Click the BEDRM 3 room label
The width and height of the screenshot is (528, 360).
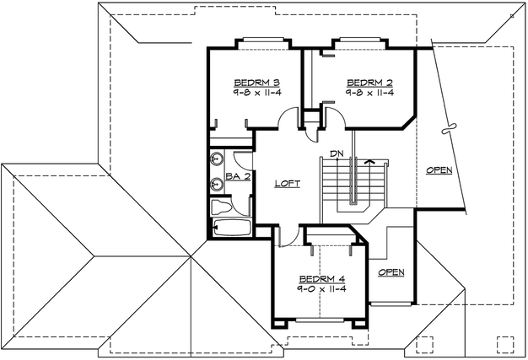click(256, 83)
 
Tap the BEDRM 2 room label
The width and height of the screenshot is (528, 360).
click(371, 83)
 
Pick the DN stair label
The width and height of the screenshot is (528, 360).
click(337, 154)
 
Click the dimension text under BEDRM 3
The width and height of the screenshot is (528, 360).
click(256, 94)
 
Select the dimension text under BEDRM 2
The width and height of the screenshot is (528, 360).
click(371, 94)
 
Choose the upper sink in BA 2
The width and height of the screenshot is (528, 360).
click(218, 159)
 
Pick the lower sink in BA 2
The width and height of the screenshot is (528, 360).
click(218, 185)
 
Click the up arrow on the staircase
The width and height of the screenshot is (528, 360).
click(368, 159)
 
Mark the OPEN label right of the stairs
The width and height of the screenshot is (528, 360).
click(439, 169)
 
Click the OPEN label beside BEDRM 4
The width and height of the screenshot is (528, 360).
click(391, 271)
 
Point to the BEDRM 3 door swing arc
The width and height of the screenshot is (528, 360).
click(288, 118)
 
